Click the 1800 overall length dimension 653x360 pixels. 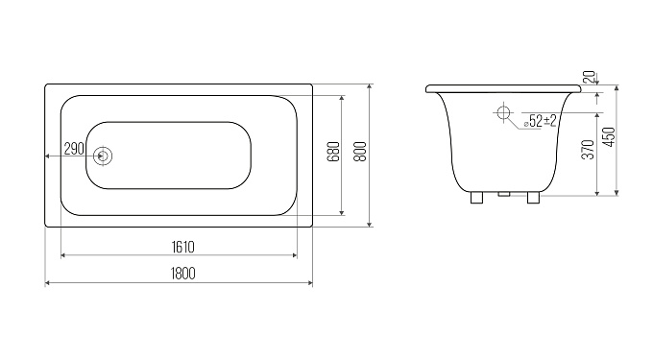(182, 274)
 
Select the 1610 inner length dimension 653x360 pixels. (182, 248)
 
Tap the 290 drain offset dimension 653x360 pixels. (74, 148)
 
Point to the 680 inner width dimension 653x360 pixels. (334, 152)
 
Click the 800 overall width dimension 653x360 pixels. (361, 152)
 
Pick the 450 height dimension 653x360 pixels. (609, 137)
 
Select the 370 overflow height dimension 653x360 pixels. (588, 149)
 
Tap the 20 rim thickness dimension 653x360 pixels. (590, 77)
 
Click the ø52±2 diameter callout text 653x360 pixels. (541, 121)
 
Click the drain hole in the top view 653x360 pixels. (103, 156)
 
